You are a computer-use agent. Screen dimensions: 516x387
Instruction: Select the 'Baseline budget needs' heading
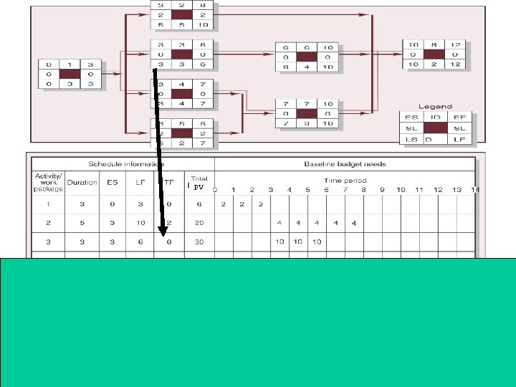pos(345,163)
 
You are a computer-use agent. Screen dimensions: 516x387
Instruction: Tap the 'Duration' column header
pos(82,182)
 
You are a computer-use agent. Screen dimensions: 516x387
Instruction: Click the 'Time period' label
pos(345,181)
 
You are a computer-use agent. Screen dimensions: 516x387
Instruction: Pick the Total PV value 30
pos(199,242)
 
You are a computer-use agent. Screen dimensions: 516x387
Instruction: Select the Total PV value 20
pos(199,223)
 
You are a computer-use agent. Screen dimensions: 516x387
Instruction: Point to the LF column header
pos(140,182)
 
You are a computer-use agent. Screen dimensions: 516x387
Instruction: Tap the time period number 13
pos(457,190)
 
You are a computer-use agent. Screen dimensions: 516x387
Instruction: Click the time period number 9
pos(382,190)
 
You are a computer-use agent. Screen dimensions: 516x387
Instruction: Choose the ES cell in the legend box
pos(411,116)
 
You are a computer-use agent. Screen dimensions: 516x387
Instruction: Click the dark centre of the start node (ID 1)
pos(70,74)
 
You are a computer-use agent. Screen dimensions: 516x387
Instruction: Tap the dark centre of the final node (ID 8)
pos(434,53)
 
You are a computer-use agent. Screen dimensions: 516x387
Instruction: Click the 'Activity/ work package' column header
pos(44,182)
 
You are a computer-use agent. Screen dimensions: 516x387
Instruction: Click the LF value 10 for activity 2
pos(140,223)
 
